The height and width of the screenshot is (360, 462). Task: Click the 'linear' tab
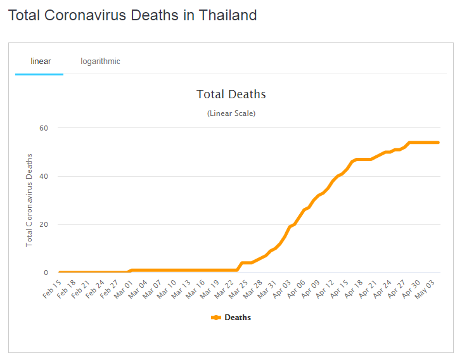41,61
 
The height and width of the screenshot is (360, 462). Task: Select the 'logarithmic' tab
100,61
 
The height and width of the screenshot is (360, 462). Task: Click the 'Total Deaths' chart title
231,94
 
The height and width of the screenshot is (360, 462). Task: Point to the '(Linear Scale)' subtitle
231,113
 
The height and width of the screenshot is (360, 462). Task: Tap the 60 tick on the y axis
44,128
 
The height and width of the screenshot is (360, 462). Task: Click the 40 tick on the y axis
44,176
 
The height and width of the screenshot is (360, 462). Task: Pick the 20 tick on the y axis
44,224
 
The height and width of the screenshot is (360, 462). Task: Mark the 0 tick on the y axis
46,273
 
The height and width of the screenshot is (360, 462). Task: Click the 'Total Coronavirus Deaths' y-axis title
29,200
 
